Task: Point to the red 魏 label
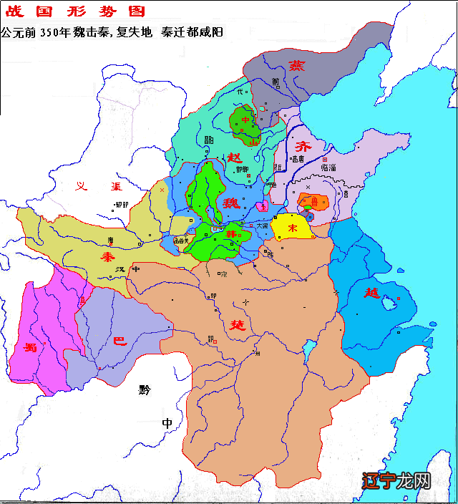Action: coord(230,203)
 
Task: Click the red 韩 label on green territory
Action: coord(231,235)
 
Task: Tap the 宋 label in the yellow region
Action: coord(292,227)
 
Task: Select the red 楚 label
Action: coord(237,324)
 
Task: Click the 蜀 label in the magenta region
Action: coord(30,348)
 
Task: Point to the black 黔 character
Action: coord(146,390)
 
